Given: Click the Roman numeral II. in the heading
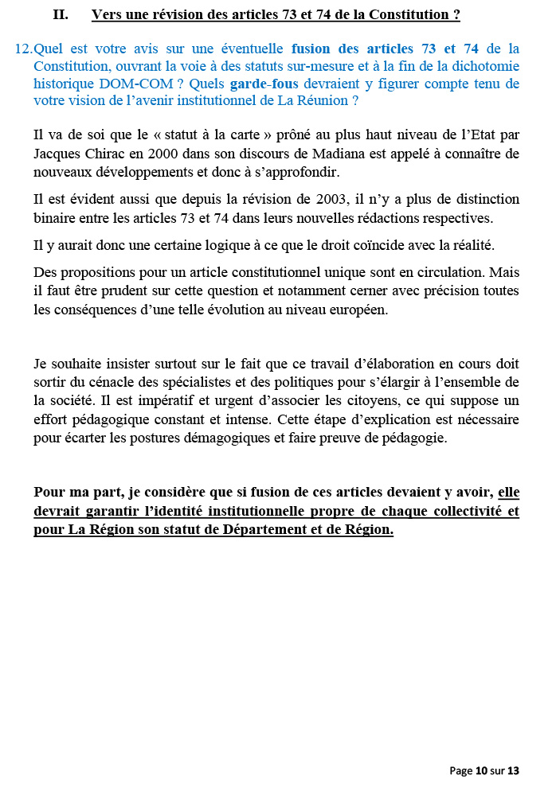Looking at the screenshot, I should point(61,14).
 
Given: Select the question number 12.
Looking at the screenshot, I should point(24,49).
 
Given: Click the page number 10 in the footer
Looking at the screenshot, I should point(481,770).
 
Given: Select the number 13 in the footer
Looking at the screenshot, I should point(513,770).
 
